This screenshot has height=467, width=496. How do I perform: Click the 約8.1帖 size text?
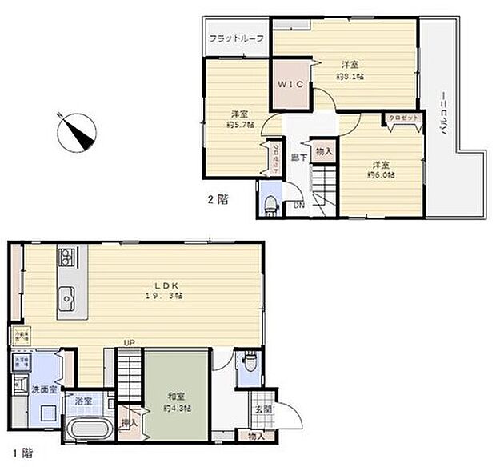(x=350, y=76)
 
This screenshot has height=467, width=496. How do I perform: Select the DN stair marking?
(x=298, y=206)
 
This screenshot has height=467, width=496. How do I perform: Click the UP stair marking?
(x=129, y=344)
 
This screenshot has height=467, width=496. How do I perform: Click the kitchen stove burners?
(x=66, y=257)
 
